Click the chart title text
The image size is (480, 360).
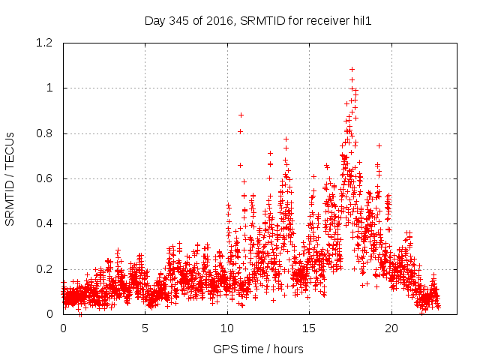click(258, 21)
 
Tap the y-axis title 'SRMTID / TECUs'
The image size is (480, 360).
click(10, 179)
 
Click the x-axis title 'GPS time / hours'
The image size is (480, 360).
click(258, 349)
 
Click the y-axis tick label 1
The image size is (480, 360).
click(50, 88)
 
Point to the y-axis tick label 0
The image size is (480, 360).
click(50, 314)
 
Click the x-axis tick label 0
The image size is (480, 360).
click(63, 328)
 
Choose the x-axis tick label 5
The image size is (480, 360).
click(145, 328)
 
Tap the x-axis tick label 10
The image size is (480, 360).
click(227, 328)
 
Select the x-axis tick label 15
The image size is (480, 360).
click(309, 328)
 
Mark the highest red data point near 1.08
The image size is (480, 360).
click(352, 69)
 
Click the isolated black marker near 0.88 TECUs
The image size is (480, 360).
click(241, 115)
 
